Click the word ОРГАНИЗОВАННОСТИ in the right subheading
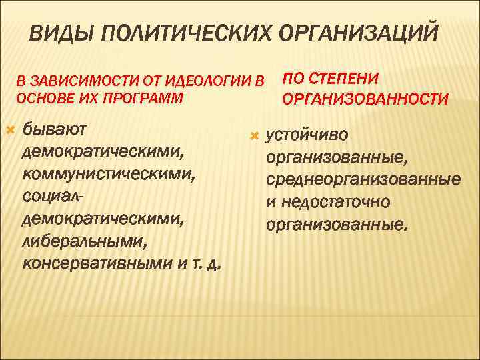[x=365, y=99]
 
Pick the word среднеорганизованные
[x=363, y=180]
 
